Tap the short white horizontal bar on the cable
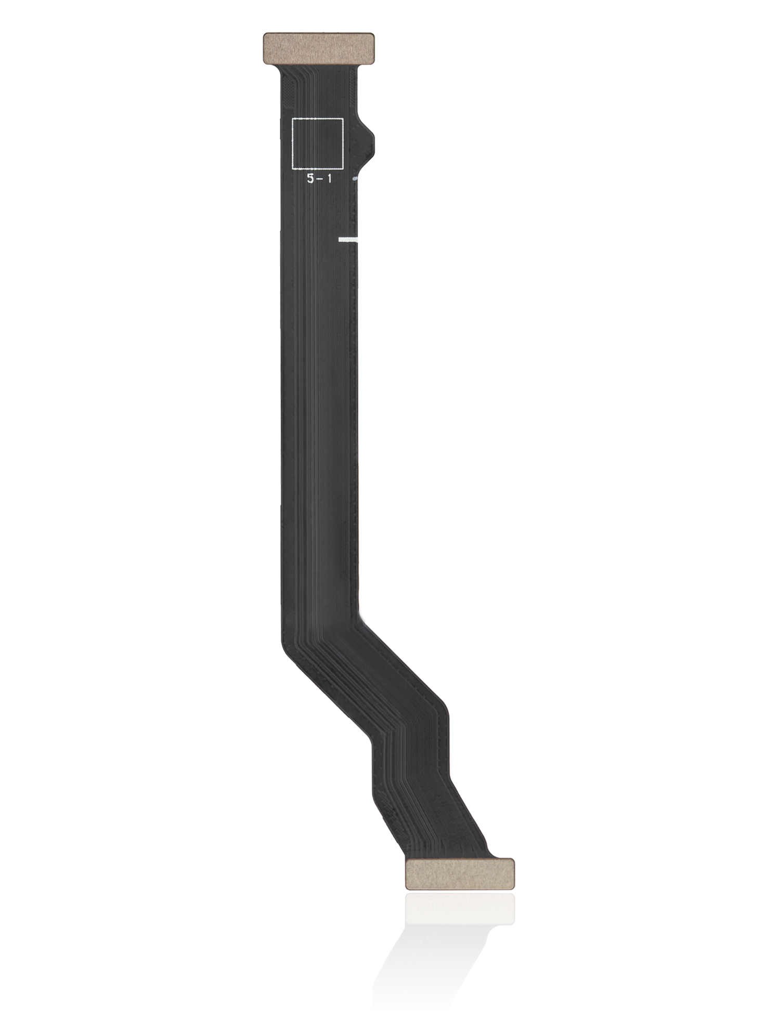pos(349,240)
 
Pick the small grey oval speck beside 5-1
pos(356,179)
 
